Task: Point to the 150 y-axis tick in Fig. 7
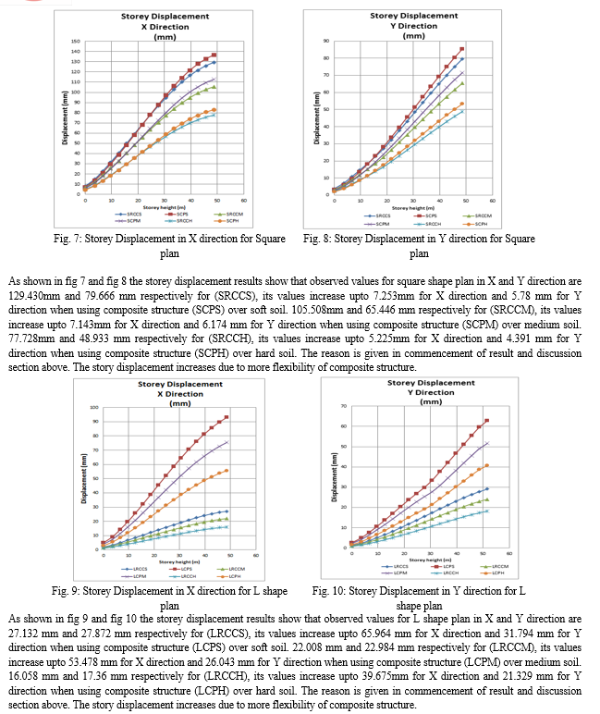[x=74, y=43]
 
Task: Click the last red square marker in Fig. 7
[x=214, y=55]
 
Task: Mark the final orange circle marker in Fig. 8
[x=462, y=104]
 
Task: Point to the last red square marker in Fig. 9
[x=227, y=417]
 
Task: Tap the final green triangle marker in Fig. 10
[x=487, y=499]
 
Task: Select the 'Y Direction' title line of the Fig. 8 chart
[x=415, y=26]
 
